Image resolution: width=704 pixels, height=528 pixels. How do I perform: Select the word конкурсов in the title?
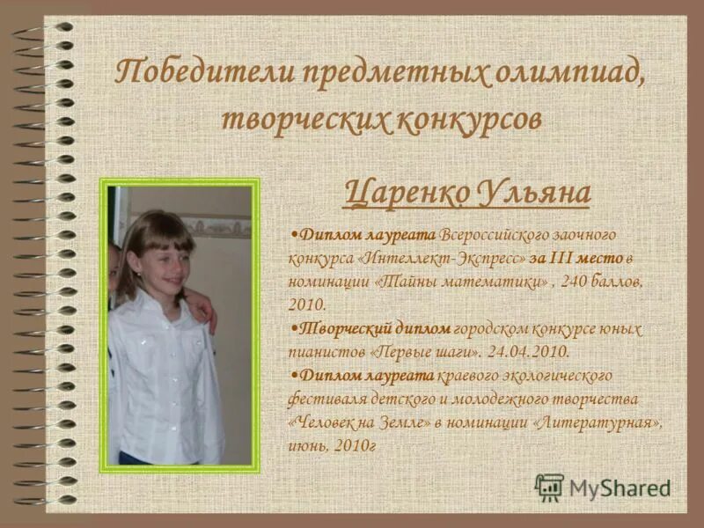(465, 119)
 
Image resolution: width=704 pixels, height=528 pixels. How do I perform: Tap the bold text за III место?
(576, 258)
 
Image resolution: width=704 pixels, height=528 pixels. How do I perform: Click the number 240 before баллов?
(576, 282)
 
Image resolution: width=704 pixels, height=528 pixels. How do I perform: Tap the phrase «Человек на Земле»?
(360, 422)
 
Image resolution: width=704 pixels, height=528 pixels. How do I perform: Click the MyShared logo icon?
(549, 487)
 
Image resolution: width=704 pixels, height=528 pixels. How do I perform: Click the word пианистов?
(321, 351)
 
